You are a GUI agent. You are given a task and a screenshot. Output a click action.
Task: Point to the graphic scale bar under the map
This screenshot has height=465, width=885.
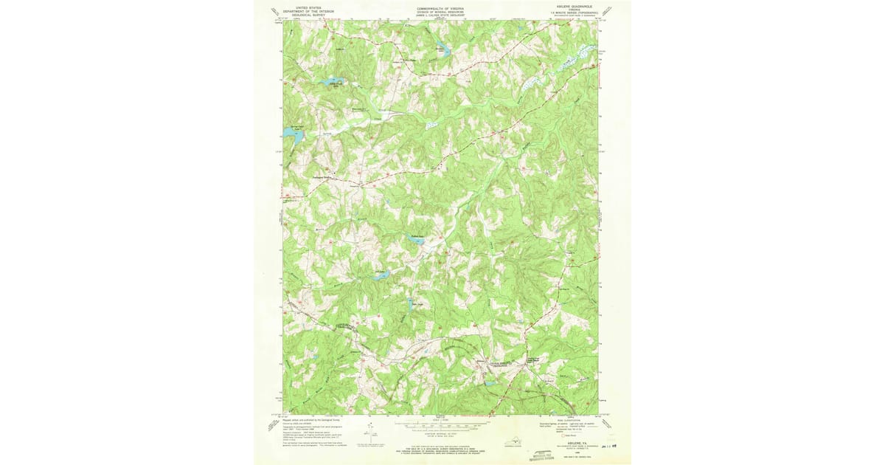point(442,425)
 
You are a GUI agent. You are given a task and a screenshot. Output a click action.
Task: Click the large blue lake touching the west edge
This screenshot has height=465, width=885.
point(288,133)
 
